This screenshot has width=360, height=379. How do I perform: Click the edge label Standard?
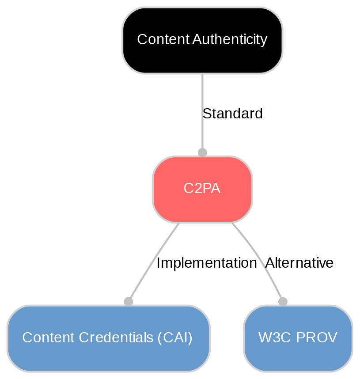point(232,114)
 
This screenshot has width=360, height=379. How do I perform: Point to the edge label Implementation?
point(206,263)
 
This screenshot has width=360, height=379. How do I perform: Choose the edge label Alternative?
point(299,263)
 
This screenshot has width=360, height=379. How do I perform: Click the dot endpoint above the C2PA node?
point(202,152)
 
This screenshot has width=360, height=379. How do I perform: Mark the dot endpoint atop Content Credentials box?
point(128,302)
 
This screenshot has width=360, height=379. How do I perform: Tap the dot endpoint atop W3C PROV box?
point(283,302)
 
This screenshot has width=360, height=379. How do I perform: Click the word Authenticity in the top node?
point(230,40)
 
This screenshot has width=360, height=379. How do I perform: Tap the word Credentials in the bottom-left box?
point(114,338)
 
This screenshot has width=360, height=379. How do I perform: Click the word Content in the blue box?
point(49,338)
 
